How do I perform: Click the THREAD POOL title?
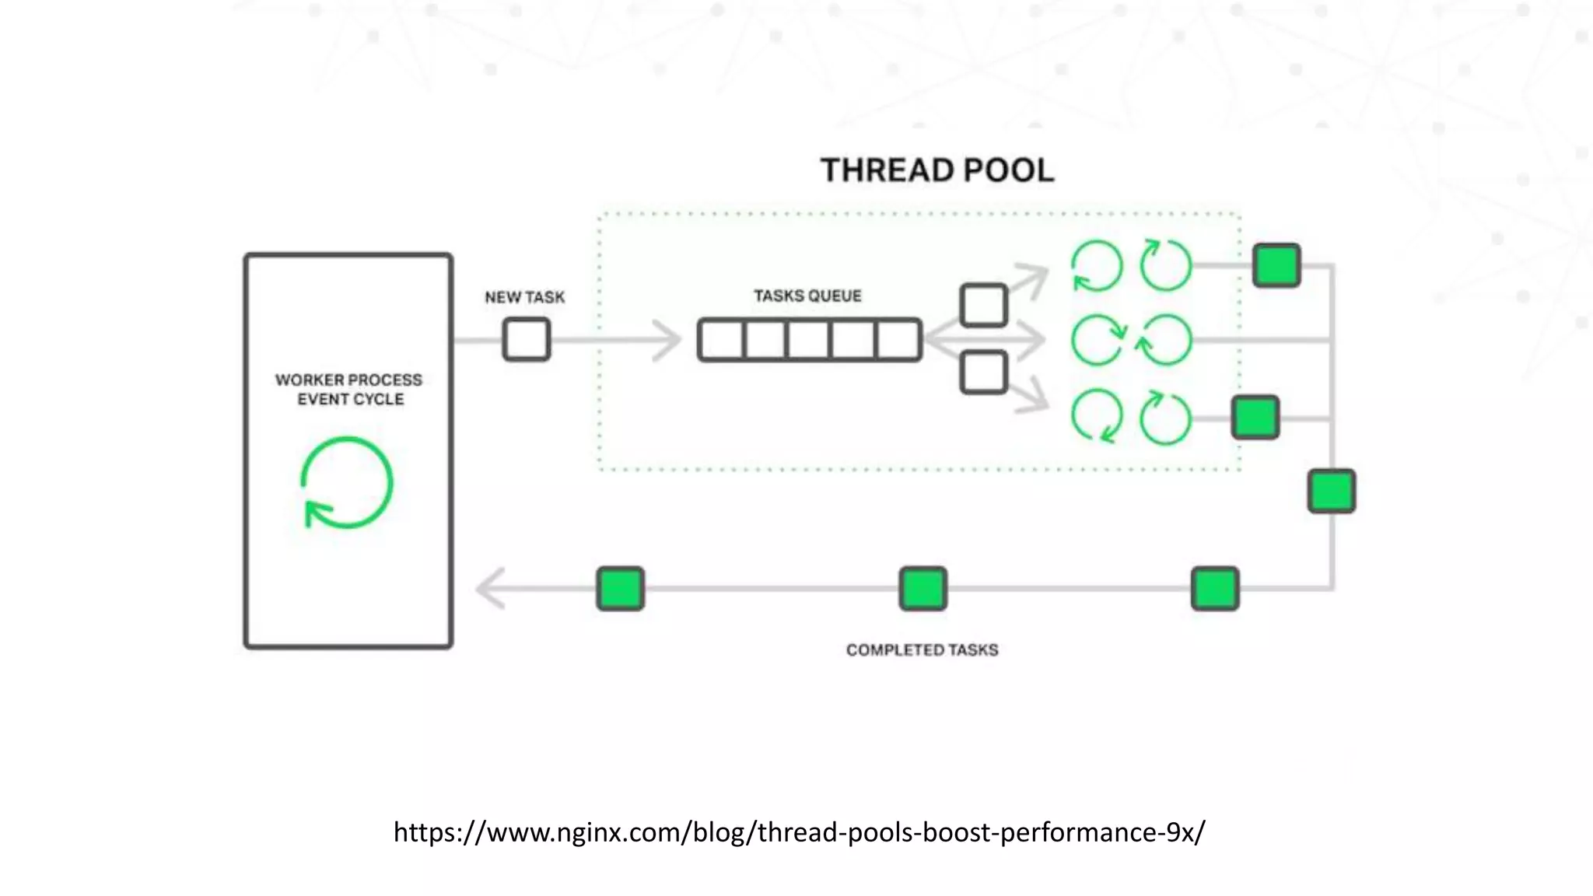point(937,170)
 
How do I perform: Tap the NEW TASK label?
point(524,297)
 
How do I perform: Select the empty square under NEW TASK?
point(527,340)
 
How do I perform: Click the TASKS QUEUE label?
point(807,296)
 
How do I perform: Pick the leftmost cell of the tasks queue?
point(722,340)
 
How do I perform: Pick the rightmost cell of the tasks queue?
point(898,340)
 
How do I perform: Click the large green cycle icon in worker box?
point(347,483)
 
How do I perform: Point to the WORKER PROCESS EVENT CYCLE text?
point(349,389)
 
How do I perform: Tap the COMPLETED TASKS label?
point(922,649)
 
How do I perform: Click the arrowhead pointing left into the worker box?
point(490,588)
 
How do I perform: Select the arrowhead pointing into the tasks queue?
point(667,340)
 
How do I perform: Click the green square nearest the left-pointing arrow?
point(620,588)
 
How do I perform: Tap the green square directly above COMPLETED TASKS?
point(923,588)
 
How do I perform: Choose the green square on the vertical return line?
point(1331,491)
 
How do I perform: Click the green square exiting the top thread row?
point(1276,265)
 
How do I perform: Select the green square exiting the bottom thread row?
point(1255,417)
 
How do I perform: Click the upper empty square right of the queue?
point(983,305)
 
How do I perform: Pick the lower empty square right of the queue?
point(983,373)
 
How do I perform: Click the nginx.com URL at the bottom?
point(799,832)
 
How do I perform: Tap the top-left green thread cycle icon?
point(1097,266)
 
